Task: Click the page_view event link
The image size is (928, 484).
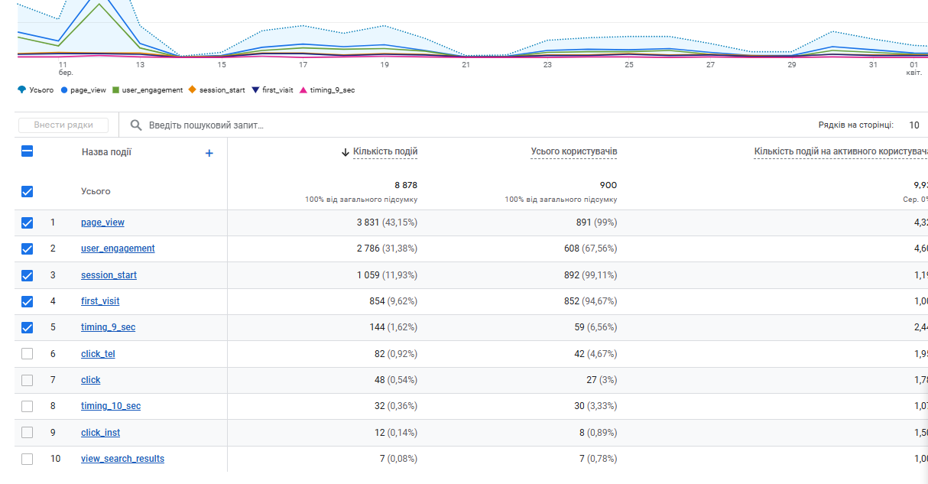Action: tap(102, 223)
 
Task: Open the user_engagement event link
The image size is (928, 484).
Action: tap(118, 248)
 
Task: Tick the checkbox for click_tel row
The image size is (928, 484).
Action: tap(28, 354)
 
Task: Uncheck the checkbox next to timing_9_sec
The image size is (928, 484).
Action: tap(28, 327)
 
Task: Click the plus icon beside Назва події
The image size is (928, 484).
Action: tap(209, 153)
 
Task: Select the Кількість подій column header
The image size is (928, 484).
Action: tap(385, 152)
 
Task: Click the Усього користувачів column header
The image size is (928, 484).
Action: tap(573, 152)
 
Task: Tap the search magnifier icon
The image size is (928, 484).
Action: tap(136, 125)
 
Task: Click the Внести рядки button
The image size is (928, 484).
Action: tap(63, 125)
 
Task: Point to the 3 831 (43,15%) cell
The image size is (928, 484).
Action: tap(387, 223)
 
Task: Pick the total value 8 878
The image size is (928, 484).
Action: tap(405, 185)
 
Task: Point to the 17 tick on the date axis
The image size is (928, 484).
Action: tap(303, 65)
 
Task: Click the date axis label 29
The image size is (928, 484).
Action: tap(791, 65)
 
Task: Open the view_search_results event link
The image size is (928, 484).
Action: tap(122, 459)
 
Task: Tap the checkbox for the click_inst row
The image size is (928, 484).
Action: tap(28, 433)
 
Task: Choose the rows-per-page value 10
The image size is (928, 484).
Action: tap(913, 125)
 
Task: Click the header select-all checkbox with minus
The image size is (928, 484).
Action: tap(28, 151)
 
